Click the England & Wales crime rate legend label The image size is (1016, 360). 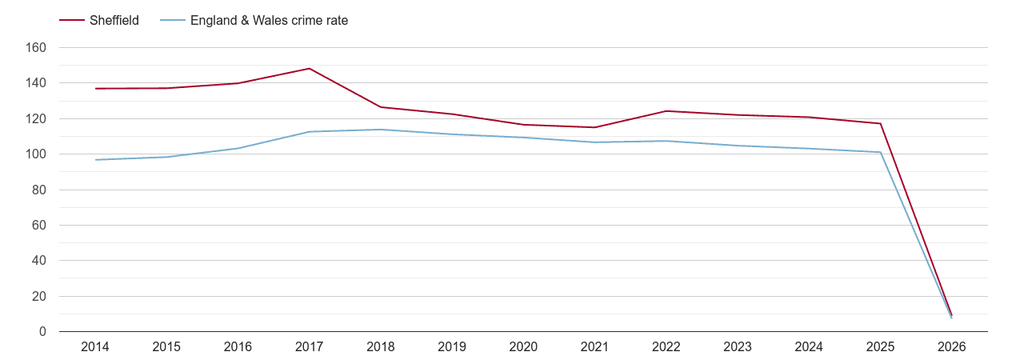coord(269,21)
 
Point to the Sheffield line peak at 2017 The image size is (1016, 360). coord(309,69)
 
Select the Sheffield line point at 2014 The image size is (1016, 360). coord(95,89)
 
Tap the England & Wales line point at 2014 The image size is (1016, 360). coord(95,160)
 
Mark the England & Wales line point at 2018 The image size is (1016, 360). coord(381,130)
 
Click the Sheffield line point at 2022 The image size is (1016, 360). coord(666,111)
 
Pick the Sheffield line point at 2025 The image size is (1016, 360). coord(880,123)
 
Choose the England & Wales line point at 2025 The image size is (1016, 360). coord(880,152)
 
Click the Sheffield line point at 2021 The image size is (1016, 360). coord(594,127)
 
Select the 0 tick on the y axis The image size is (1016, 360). coord(42,332)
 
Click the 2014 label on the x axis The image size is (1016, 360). coord(95,347)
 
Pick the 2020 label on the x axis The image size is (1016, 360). coord(523,347)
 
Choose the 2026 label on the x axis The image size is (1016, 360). coord(951,347)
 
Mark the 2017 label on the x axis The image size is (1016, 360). coord(309,347)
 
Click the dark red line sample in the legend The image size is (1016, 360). coord(72,21)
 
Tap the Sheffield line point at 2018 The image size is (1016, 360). coord(381,107)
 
